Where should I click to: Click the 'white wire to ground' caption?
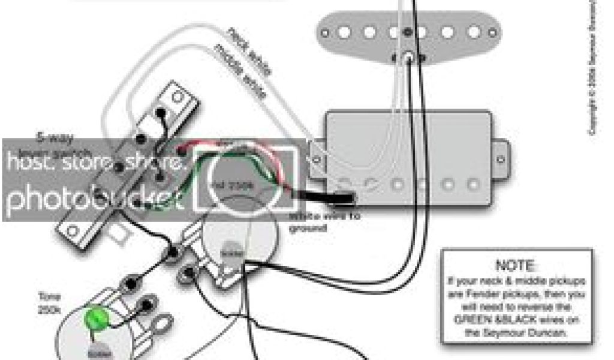click(324, 222)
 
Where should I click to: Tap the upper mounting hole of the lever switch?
click(177, 95)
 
